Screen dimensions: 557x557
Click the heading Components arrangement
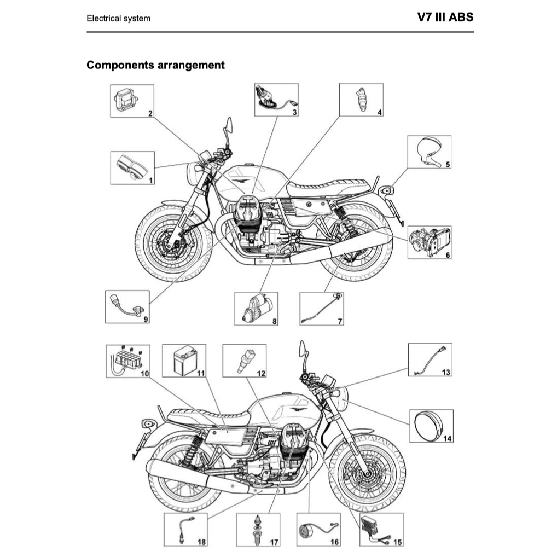tap(155, 65)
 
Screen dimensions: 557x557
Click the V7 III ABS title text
tap(445, 17)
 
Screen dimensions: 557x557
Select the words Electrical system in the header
tap(118, 18)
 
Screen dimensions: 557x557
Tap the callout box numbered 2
tap(132, 101)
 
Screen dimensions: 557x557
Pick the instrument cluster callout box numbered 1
tap(132, 167)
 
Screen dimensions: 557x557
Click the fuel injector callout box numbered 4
tap(361, 100)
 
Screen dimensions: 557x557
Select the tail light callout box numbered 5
tap(430, 152)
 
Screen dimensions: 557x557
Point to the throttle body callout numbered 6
tap(430, 242)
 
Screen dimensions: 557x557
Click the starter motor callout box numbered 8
tap(256, 309)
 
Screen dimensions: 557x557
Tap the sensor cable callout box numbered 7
tap(322, 309)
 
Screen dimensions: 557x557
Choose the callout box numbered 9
tap(127, 307)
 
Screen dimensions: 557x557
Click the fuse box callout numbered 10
tap(127, 361)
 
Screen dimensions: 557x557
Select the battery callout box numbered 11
tap(184, 361)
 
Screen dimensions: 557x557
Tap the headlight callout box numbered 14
tap(431, 426)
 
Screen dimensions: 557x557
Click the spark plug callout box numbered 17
tap(258, 530)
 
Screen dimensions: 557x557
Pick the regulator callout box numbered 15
tap(381, 529)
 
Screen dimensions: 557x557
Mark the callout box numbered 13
tap(431, 360)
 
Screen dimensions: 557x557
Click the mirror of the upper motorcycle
tap(229, 125)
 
